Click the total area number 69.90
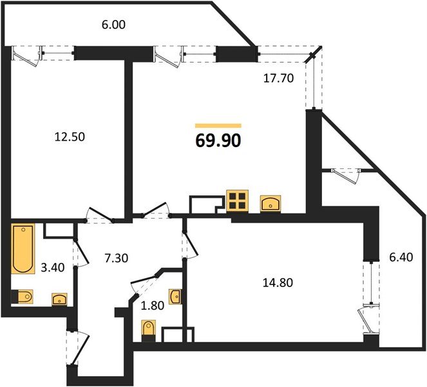tap(218, 140)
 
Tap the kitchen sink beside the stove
tap(270, 204)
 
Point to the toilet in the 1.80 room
tap(149, 328)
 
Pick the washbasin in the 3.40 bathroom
tap(59, 299)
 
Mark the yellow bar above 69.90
tap(218, 125)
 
